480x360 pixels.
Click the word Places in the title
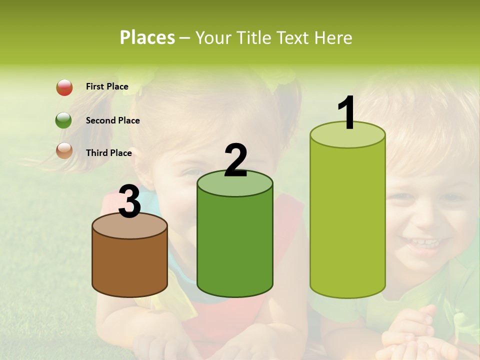(x=147, y=38)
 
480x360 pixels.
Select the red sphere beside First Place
(x=64, y=87)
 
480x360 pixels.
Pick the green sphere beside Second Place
(x=64, y=120)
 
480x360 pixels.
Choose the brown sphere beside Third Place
(x=64, y=150)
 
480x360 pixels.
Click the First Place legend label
(x=107, y=86)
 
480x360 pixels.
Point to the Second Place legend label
(x=112, y=120)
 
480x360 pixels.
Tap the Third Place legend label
(x=108, y=153)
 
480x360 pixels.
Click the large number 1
(x=346, y=113)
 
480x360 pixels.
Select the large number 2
(x=235, y=160)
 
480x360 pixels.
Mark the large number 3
(x=130, y=201)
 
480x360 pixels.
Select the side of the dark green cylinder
(x=235, y=245)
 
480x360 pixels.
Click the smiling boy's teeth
(x=424, y=242)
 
